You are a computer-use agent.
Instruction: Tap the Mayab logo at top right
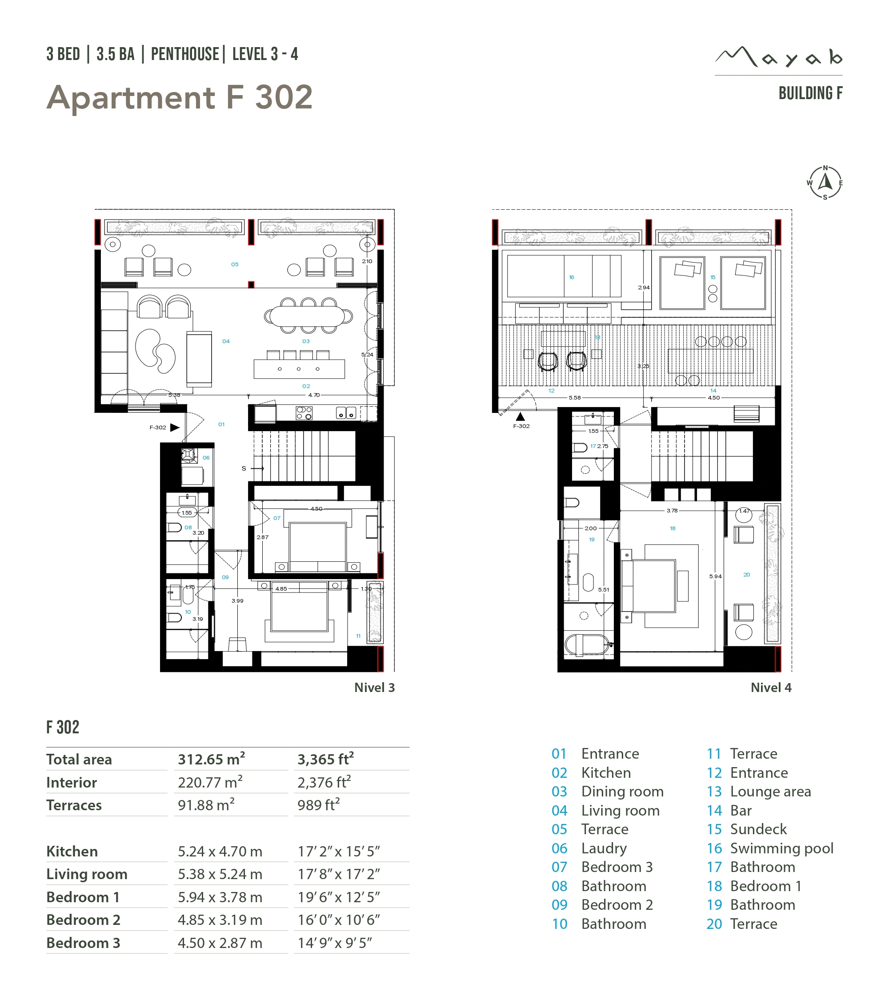click(778, 57)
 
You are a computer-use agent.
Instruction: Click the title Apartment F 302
click(180, 97)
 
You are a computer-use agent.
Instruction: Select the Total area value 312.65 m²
click(212, 759)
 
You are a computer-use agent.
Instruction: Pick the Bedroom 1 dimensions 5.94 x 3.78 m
click(220, 897)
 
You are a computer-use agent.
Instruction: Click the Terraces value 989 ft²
click(319, 805)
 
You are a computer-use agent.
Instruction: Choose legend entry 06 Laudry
click(589, 848)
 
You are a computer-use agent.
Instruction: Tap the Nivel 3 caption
click(374, 688)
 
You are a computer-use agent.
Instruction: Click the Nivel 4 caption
click(771, 688)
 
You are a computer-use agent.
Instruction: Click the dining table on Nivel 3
click(307, 316)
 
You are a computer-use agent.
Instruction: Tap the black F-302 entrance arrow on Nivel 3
click(175, 427)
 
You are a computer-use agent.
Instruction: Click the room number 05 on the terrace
click(235, 264)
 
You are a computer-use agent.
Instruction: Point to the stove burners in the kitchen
click(304, 413)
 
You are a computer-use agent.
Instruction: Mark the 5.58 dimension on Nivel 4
click(574, 398)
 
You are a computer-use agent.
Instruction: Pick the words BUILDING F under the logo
click(811, 93)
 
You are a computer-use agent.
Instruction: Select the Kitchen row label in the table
click(72, 851)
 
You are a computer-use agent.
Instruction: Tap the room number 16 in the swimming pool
click(572, 277)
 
